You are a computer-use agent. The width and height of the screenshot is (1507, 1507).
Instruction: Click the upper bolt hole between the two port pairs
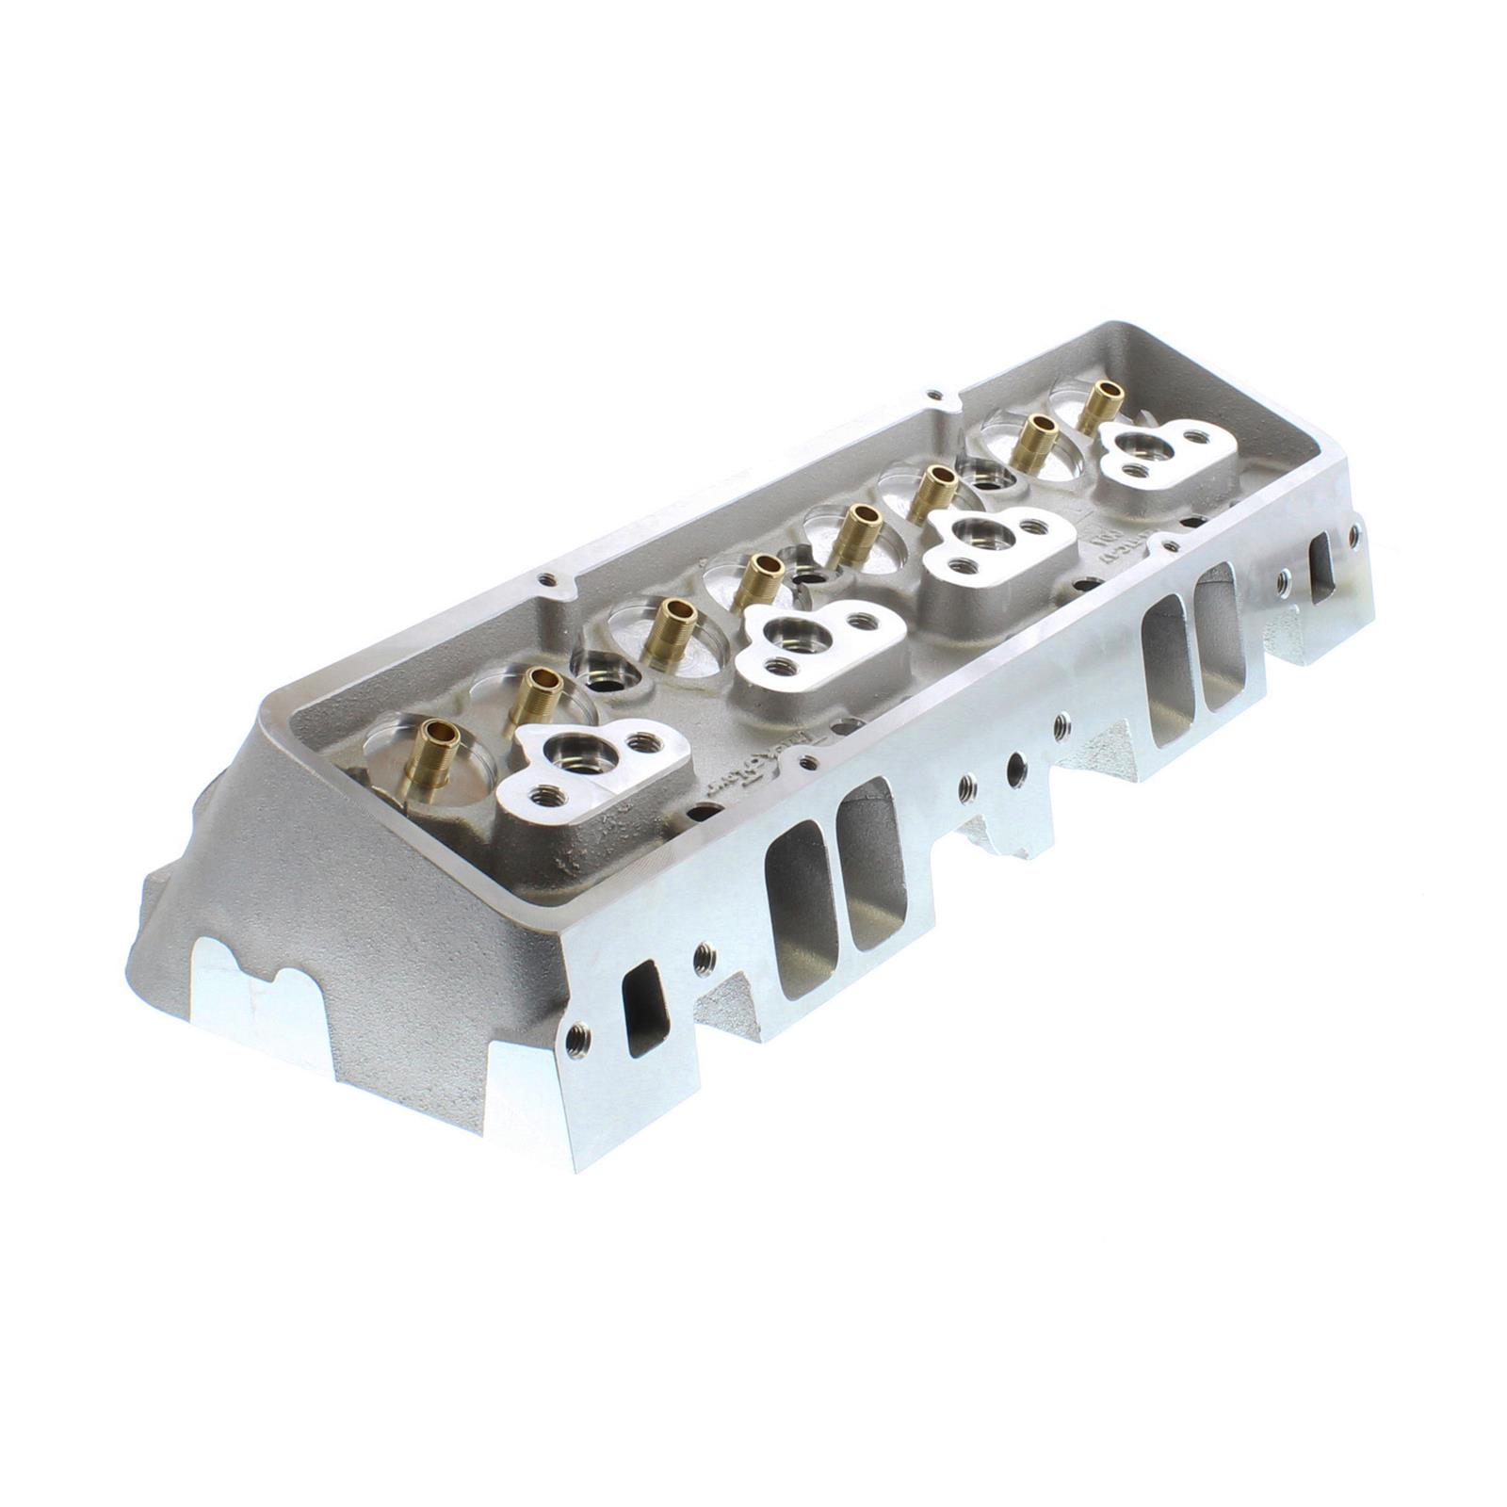[x=1062, y=723]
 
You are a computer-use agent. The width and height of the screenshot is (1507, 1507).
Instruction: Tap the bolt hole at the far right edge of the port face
[x=1354, y=534]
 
